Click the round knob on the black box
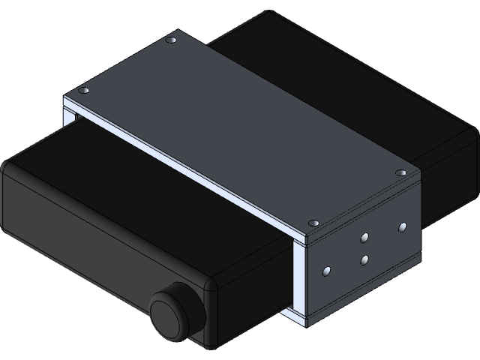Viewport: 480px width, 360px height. tap(174, 312)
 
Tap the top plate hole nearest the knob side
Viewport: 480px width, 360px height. tap(313, 223)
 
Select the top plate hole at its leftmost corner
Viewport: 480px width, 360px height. tap(84, 91)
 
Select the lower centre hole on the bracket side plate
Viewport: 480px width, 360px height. tap(364, 260)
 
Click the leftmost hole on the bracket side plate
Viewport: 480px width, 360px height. tap(327, 269)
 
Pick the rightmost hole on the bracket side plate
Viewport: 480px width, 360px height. tap(402, 226)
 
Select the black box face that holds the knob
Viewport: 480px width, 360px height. tap(105, 247)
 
